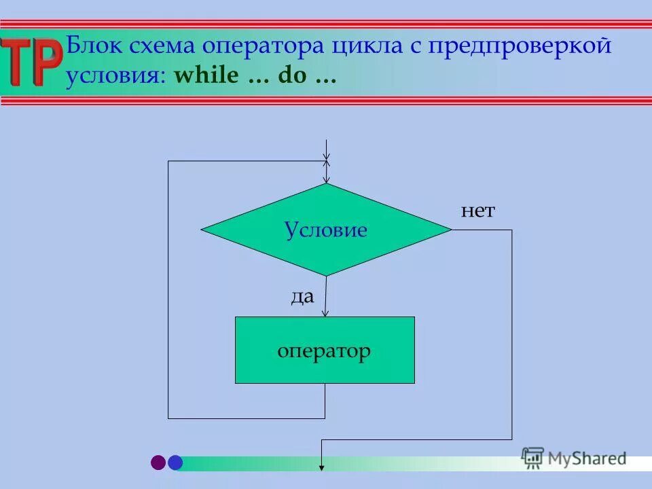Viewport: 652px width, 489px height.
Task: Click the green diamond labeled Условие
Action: [x=326, y=230]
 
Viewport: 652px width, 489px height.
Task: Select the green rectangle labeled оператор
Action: [x=325, y=350]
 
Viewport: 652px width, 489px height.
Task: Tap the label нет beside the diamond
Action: [x=478, y=211]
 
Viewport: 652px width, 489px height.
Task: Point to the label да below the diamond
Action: [x=302, y=297]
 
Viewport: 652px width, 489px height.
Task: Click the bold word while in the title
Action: [x=206, y=76]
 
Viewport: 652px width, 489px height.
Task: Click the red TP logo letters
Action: [x=31, y=62]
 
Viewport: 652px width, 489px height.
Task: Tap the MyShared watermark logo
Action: [x=574, y=458]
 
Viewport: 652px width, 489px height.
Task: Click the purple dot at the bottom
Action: [x=158, y=463]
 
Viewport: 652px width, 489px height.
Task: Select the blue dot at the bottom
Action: [x=175, y=463]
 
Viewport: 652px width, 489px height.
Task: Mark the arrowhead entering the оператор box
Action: [x=325, y=312]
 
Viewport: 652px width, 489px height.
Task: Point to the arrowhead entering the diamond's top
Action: [x=327, y=179]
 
